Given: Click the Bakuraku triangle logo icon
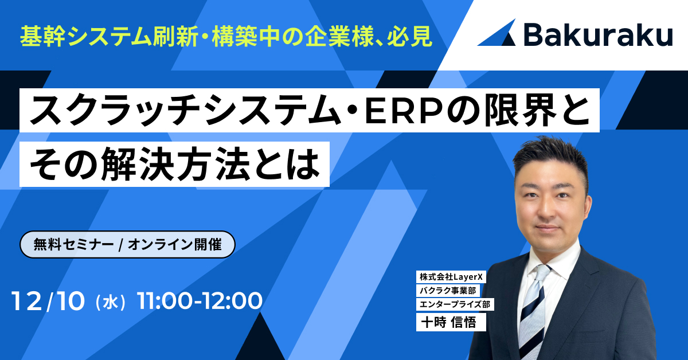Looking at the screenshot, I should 497,33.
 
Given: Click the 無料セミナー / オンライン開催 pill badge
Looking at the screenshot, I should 128,244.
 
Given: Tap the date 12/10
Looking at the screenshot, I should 48,300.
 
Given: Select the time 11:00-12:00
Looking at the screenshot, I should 200,300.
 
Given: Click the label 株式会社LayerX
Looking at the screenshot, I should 450,277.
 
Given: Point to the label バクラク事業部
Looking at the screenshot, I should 448,291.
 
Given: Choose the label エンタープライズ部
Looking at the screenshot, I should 456,304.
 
